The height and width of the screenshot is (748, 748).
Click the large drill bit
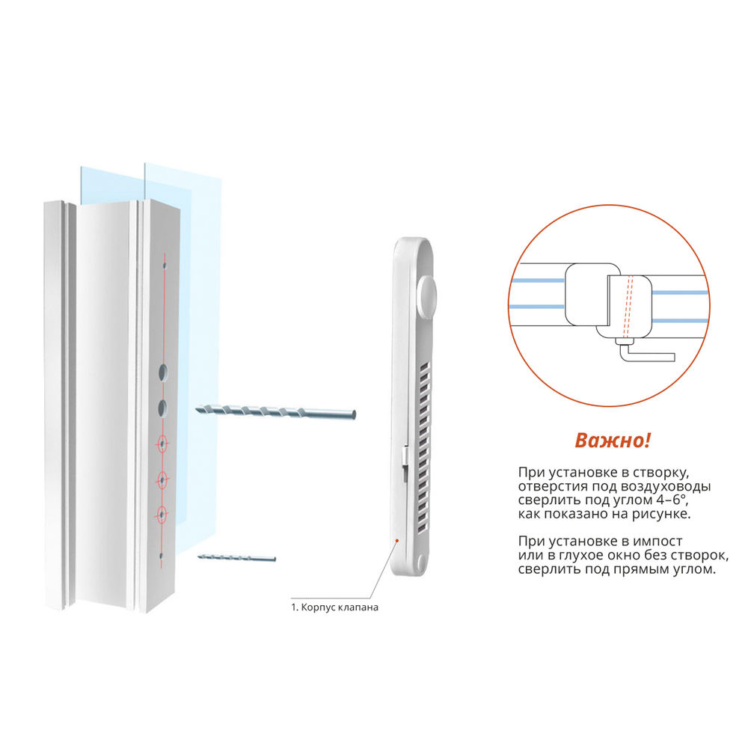coord(275,412)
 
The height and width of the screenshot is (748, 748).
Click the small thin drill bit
coord(236,557)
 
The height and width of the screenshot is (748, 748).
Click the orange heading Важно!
coord(613,441)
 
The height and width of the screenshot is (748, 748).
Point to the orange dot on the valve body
coord(397,541)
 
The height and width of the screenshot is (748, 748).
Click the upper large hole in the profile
coord(163,372)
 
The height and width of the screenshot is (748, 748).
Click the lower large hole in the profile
coord(163,408)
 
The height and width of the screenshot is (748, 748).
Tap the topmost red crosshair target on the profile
coord(162,444)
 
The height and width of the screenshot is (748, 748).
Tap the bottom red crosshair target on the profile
coord(162,515)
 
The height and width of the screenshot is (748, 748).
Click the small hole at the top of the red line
coord(165,266)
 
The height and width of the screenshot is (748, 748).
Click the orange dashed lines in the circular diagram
coord(628,307)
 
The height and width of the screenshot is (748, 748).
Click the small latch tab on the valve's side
coord(405,456)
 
